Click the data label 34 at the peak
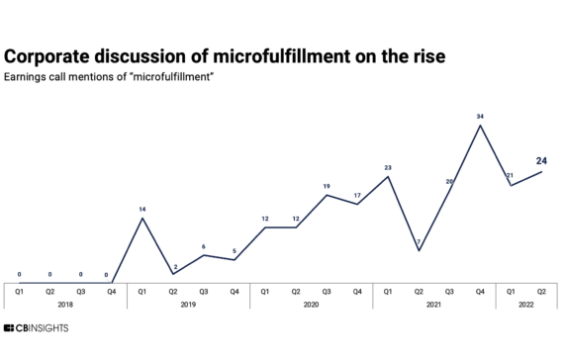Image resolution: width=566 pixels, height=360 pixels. [480, 117]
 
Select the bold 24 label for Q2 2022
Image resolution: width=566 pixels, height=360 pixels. [541, 160]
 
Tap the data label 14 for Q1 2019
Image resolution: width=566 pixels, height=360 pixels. [142, 209]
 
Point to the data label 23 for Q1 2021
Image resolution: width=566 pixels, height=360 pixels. [388, 168]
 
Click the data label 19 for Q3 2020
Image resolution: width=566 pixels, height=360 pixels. [327, 186]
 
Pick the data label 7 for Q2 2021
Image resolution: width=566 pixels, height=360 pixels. [420, 241]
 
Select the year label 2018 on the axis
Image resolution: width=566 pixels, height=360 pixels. [65, 304]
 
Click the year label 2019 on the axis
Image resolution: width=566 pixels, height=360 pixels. [188, 304]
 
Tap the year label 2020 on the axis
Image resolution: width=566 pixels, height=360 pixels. [311, 304]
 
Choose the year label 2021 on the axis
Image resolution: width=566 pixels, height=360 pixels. [433, 304]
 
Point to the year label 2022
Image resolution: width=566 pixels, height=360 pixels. [526, 304]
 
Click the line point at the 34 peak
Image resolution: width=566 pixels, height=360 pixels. [480, 126]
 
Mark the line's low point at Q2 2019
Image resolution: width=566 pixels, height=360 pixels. [173, 274]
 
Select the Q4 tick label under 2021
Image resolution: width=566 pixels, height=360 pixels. [480, 291]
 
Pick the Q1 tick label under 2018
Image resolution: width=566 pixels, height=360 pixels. [20, 291]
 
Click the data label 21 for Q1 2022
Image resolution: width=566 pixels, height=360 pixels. [511, 176]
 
